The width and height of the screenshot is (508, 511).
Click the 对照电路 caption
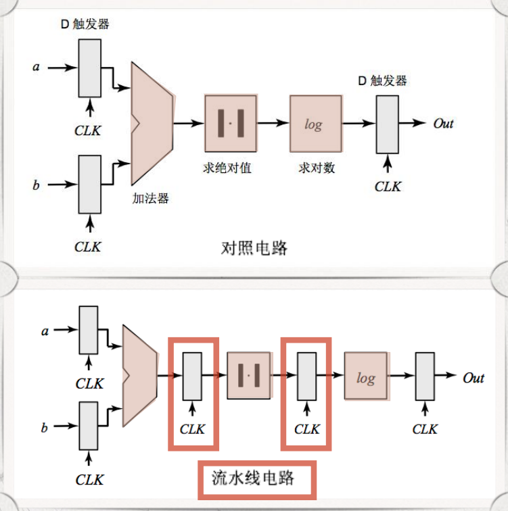click(254, 248)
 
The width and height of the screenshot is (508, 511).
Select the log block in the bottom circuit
click(366, 377)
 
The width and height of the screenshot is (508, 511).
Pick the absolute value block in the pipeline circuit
click(250, 376)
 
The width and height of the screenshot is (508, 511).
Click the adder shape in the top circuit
click(153, 124)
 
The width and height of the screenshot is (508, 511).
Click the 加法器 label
click(150, 198)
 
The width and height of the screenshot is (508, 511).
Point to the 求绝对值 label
click(227, 168)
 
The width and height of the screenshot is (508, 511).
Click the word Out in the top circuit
click(443, 124)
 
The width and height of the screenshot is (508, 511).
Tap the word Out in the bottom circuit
click(474, 378)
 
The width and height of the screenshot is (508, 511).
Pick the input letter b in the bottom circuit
click(45, 427)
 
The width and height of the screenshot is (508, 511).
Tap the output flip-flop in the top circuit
click(388, 124)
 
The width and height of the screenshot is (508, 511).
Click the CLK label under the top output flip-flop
click(388, 186)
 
